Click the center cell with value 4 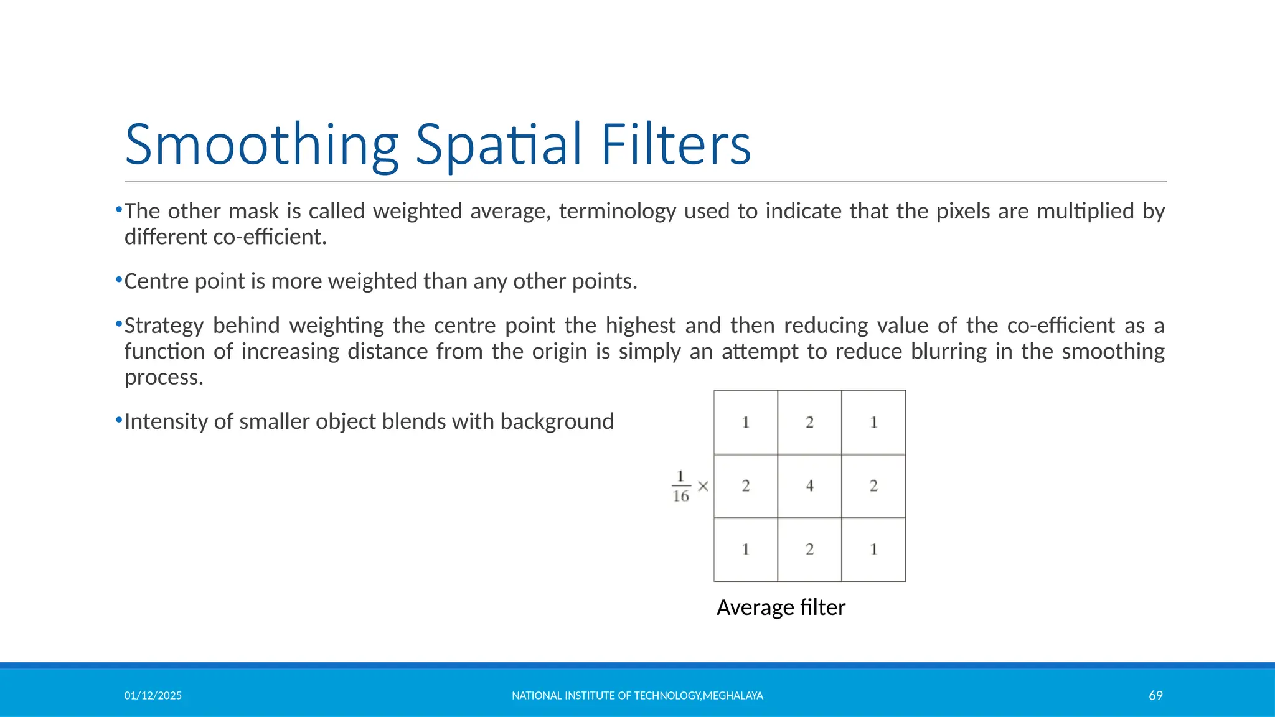point(809,485)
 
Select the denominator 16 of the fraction point(680,496)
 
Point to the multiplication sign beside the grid point(703,486)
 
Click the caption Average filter point(781,607)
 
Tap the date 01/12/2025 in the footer point(153,695)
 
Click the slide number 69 point(1155,695)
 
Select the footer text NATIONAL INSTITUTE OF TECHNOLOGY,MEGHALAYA point(637,695)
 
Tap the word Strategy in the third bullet point(164,326)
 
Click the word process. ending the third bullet point(164,377)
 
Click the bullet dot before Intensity point(119,421)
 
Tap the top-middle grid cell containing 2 point(809,422)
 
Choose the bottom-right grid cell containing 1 point(873,549)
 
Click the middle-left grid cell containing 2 point(746,485)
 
